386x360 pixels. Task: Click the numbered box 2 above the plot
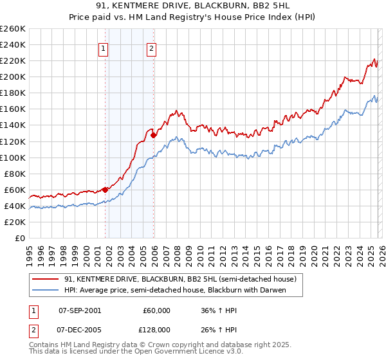pos(151,47)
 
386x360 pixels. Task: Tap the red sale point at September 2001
pos(105,190)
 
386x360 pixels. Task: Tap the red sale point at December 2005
pos(154,135)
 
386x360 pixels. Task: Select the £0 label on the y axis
pos(21,238)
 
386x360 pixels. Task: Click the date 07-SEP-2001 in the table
pos(79,310)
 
